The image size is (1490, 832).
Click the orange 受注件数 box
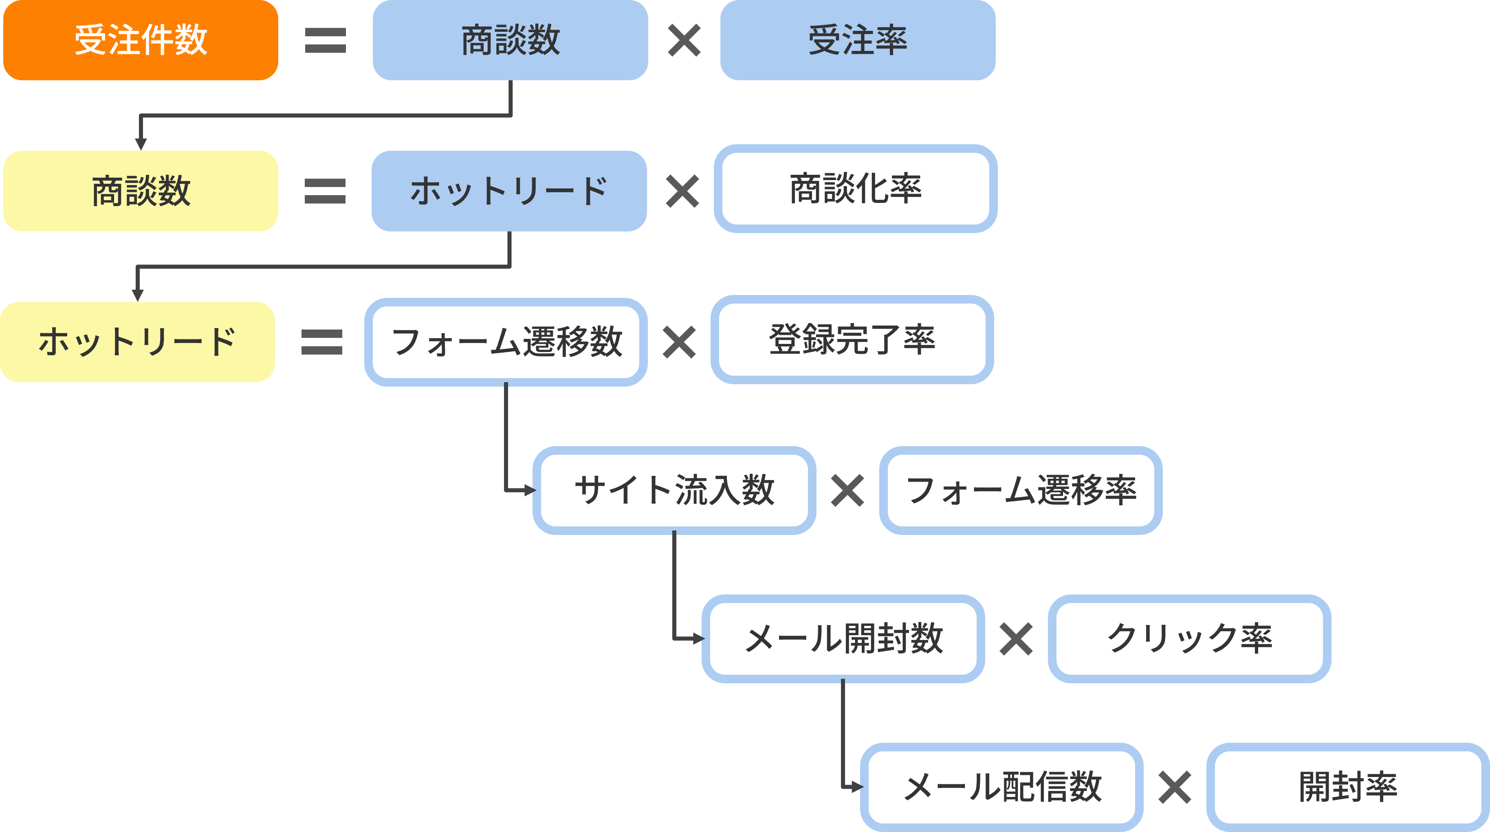pyautogui.click(x=141, y=40)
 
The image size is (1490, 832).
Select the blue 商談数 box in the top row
pyautogui.click(x=510, y=40)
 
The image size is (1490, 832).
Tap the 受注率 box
pyautogui.click(x=857, y=40)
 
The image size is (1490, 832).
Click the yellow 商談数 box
pyautogui.click(x=141, y=191)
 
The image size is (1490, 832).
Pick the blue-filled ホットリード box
pyautogui.click(x=509, y=191)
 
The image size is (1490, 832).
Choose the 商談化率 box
pyautogui.click(x=856, y=189)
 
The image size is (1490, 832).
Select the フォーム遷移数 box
pyautogui.click(x=506, y=342)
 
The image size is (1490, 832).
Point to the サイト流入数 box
pyautogui.click(x=674, y=490)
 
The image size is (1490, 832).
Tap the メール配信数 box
pyautogui.click(x=1002, y=787)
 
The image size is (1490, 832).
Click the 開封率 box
pyautogui.click(x=1348, y=787)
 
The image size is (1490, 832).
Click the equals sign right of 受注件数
pyautogui.click(x=325, y=40)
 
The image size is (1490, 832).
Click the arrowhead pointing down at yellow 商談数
pyautogui.click(x=141, y=144)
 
